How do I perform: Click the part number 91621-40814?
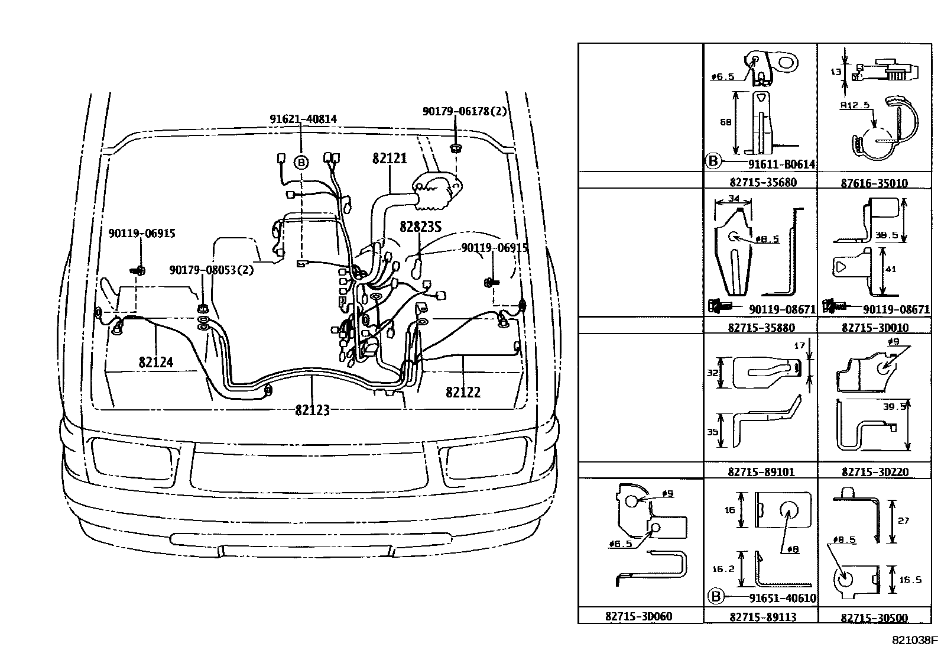303,119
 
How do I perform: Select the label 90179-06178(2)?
464,111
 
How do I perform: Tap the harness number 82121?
389,159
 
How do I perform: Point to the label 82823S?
420,227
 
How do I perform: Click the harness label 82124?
156,362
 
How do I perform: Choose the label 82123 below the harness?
312,409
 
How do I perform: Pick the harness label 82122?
463,392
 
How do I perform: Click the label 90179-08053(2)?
211,270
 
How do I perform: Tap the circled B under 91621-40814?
301,162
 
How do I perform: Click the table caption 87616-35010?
874,183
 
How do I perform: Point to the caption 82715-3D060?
638,616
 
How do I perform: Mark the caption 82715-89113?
762,616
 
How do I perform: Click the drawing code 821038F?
915,640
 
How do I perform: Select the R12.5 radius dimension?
855,105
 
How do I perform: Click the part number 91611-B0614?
781,164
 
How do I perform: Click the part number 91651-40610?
782,598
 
